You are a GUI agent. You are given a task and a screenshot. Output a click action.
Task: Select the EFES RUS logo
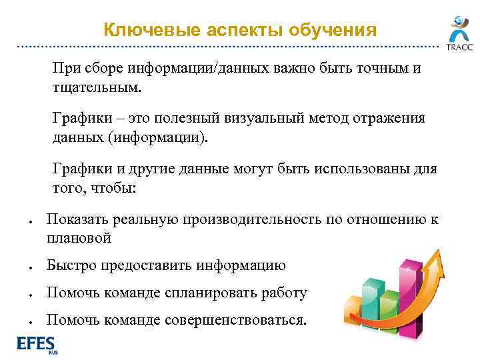click(x=37, y=345)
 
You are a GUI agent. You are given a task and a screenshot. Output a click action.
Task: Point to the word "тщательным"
click(x=97, y=87)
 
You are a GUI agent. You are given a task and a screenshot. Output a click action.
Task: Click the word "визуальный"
click(x=281, y=119)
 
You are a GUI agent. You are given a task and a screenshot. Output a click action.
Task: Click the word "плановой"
click(x=79, y=238)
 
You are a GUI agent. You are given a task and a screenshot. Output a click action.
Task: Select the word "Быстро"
click(x=71, y=265)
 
